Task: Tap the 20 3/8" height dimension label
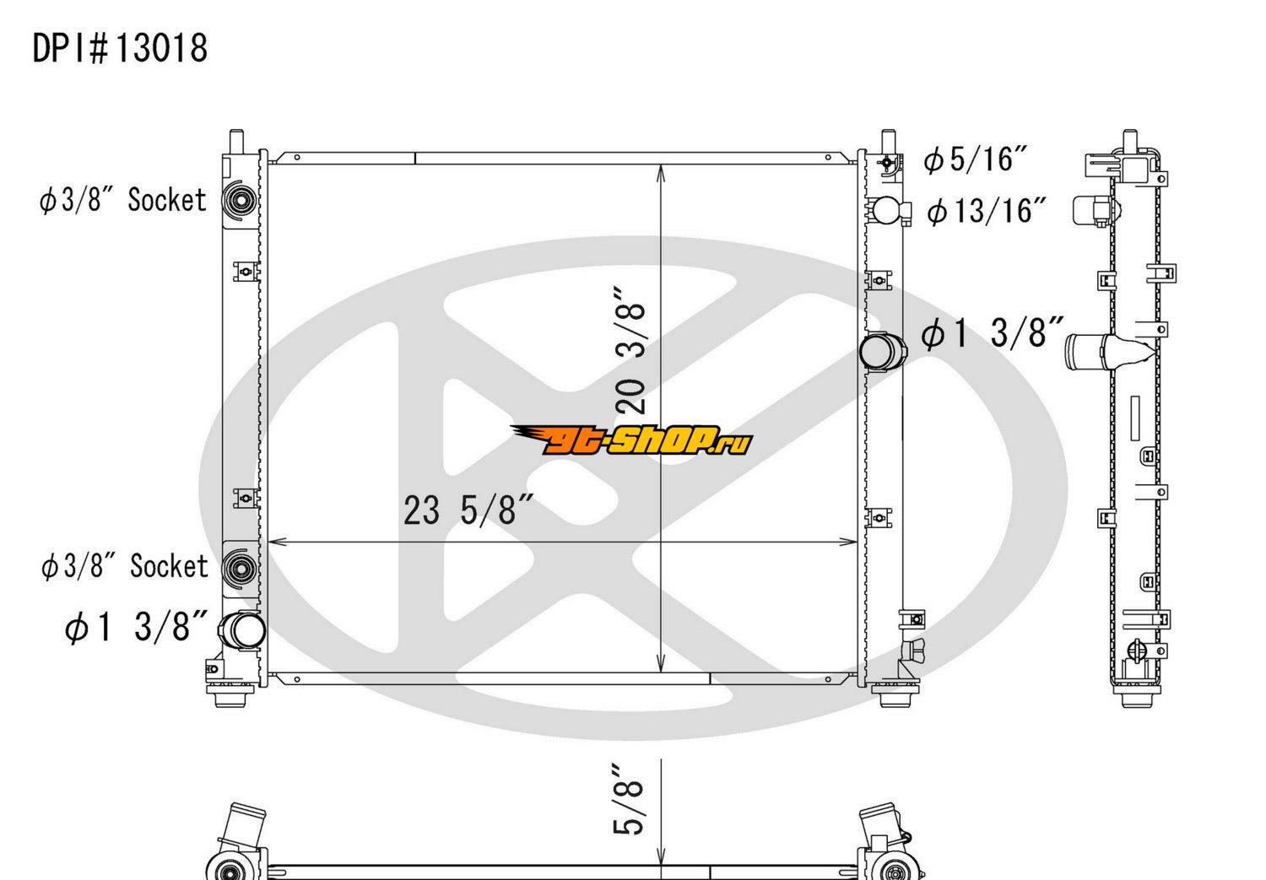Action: (630, 351)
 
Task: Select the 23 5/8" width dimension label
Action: (468, 510)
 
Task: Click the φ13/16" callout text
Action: (987, 211)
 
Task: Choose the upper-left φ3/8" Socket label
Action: (122, 200)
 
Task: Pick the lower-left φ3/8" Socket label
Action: (125, 566)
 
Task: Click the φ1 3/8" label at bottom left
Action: (136, 626)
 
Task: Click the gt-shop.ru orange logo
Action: (632, 440)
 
